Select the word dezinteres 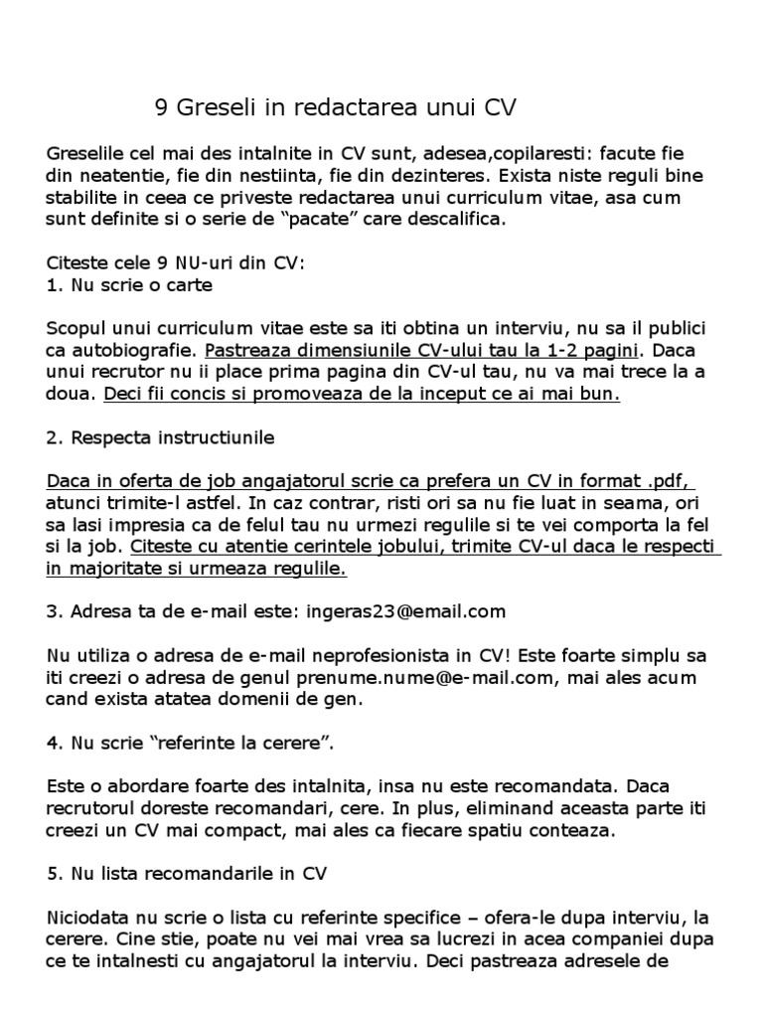379,176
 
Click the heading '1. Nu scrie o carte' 129,285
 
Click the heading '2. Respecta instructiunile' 161,437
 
